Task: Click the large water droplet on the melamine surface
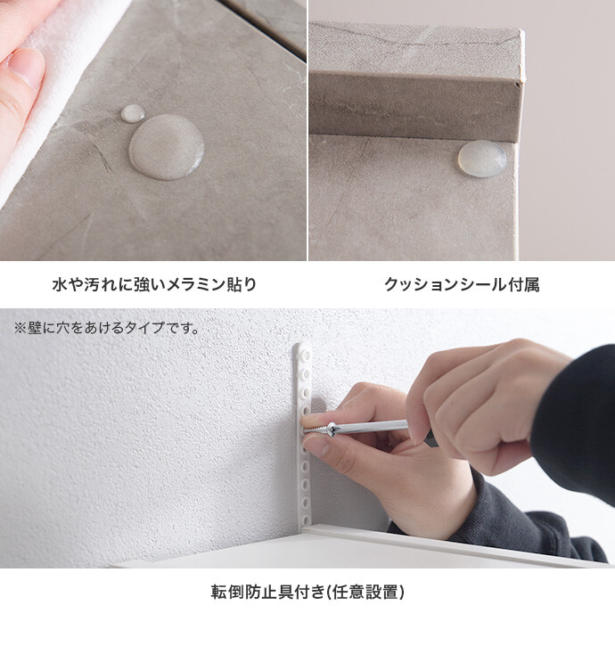167,147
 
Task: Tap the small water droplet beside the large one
133,114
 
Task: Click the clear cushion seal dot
482,159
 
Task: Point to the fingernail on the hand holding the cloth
28,67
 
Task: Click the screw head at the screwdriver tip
332,429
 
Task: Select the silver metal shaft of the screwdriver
370,427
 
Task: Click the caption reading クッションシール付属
462,284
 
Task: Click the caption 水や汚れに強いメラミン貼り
154,284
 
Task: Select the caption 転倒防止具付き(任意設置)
307,592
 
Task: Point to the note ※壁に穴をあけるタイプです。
107,328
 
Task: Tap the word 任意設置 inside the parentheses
365,592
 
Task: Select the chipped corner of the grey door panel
521,81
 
